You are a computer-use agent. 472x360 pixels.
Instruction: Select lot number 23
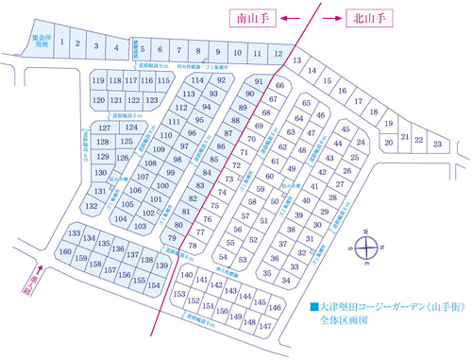click(x=437, y=144)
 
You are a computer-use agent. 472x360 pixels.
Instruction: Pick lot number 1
click(x=62, y=43)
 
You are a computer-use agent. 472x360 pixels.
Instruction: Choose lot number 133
click(x=74, y=233)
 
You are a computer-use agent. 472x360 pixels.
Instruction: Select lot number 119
click(x=97, y=81)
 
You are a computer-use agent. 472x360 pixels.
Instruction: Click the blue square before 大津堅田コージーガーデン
click(x=313, y=306)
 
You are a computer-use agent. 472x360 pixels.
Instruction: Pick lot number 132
click(x=93, y=205)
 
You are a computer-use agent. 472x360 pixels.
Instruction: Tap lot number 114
click(x=198, y=81)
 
